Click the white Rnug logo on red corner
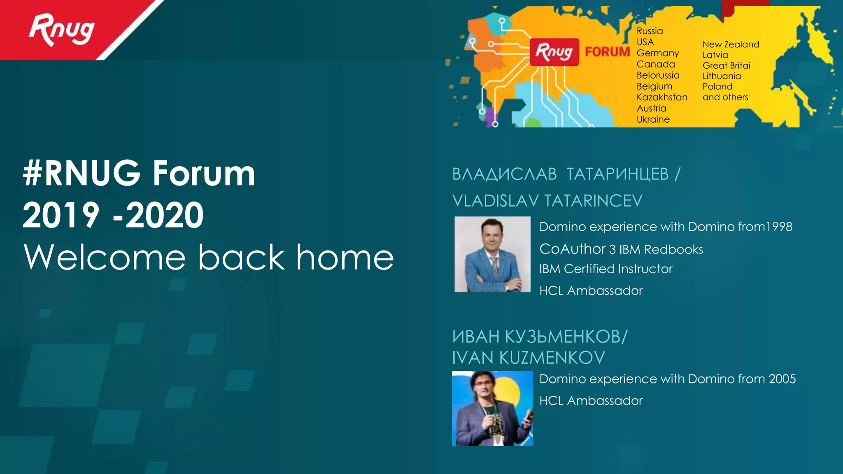[x=62, y=30]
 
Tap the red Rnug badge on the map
[x=554, y=52]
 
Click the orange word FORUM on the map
[x=607, y=52]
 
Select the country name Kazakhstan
[x=662, y=97]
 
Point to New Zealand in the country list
[x=731, y=44]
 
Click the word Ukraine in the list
[x=653, y=119]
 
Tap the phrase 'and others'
[x=725, y=97]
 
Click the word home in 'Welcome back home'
[x=345, y=257]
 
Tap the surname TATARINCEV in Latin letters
[x=593, y=201]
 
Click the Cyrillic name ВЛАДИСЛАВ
[x=504, y=174]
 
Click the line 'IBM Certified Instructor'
[x=605, y=269]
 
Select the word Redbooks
[x=673, y=249]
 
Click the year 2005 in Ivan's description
[x=782, y=379]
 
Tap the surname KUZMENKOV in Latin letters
[x=552, y=358]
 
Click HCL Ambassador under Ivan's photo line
[x=591, y=400]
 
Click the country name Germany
[x=658, y=53]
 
